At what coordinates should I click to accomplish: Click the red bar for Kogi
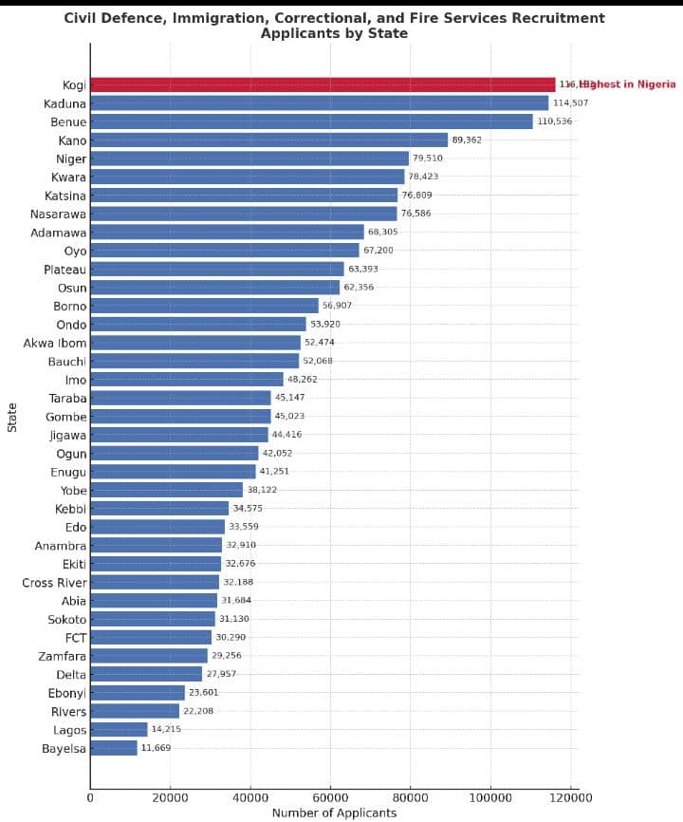(323, 84)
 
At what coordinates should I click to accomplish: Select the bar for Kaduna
(319, 103)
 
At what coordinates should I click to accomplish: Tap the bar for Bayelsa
(114, 748)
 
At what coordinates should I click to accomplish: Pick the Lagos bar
(119, 730)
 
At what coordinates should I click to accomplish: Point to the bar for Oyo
(225, 251)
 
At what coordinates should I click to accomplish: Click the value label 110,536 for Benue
(555, 121)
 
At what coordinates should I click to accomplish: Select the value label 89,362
(467, 140)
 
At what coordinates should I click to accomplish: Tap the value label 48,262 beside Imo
(303, 379)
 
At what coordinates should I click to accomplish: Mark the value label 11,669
(157, 748)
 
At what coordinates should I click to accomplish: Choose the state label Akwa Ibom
(54, 343)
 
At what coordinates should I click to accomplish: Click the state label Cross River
(54, 583)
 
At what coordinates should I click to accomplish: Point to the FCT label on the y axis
(75, 638)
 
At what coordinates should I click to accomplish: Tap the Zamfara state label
(62, 656)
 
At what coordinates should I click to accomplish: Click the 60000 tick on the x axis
(330, 797)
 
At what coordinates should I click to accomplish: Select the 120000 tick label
(570, 797)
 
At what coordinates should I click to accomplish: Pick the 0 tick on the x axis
(90, 797)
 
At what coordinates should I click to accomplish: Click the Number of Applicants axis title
(334, 813)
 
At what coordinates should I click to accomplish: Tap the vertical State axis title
(12, 417)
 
